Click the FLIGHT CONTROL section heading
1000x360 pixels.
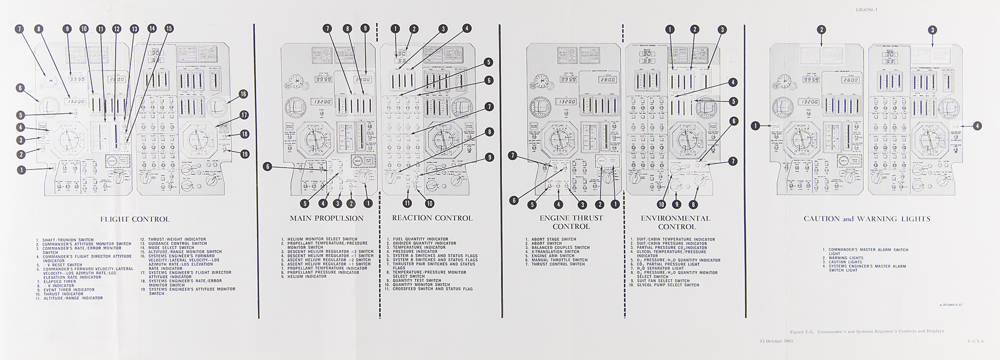click(x=135, y=219)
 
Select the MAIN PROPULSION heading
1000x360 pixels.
click(x=326, y=218)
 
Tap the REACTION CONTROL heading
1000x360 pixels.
click(x=432, y=218)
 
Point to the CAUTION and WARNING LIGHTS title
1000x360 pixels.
click(x=866, y=219)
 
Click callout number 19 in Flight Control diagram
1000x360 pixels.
click(x=244, y=154)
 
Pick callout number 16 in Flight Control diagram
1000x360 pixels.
click(x=243, y=94)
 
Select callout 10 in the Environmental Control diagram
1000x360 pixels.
click(x=661, y=204)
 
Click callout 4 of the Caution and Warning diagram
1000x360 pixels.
click(x=977, y=126)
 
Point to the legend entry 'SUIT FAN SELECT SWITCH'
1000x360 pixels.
click(x=661, y=281)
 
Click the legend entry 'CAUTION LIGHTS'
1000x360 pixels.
click(x=845, y=262)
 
